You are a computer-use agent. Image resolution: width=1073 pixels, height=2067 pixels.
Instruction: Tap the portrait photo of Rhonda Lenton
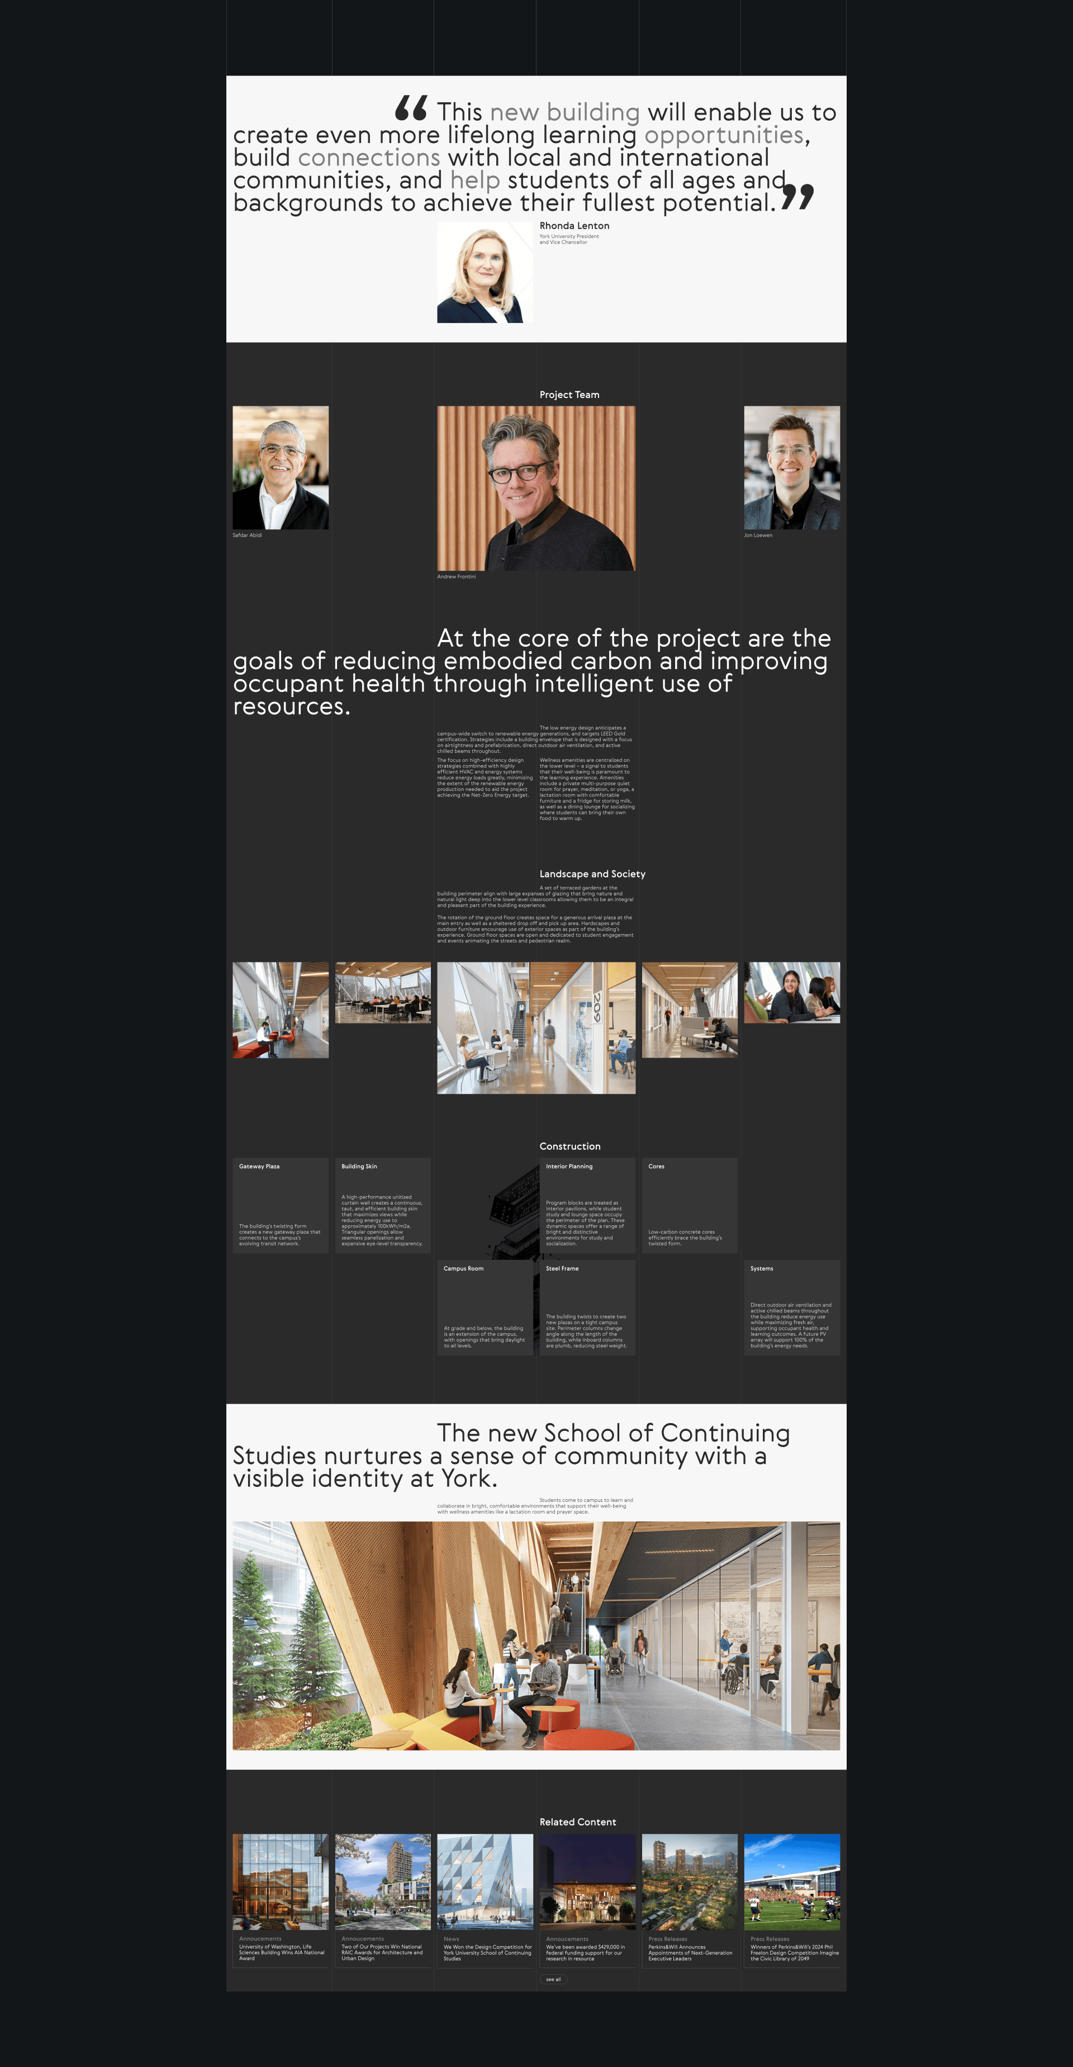coord(485,273)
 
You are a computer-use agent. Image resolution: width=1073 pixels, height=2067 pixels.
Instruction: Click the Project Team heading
coord(569,395)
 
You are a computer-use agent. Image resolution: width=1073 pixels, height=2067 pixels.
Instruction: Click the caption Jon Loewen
coord(758,535)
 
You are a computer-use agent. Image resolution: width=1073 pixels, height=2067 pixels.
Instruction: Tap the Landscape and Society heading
coord(591,874)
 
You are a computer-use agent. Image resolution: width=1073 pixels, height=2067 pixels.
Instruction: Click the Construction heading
coord(569,1146)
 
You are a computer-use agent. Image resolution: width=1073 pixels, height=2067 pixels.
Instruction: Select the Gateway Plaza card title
coord(259,1167)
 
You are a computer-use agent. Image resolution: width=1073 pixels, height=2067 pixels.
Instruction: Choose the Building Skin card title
coord(359,1167)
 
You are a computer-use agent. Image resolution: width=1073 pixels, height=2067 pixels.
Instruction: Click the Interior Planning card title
coord(569,1167)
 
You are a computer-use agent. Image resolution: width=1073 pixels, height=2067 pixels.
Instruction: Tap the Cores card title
coord(656,1167)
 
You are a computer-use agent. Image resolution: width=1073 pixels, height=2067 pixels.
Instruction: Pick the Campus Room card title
coord(463,1269)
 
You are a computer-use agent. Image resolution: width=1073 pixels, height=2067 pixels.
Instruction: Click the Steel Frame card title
coord(562,1269)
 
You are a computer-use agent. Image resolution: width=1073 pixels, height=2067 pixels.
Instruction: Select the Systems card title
coord(762,1269)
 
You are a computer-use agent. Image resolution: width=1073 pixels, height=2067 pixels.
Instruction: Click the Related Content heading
coord(577,1822)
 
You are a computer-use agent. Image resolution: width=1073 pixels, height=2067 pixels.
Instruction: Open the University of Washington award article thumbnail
coord(280,1881)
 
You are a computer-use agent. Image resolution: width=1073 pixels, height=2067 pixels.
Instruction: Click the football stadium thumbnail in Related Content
coord(791,1881)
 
